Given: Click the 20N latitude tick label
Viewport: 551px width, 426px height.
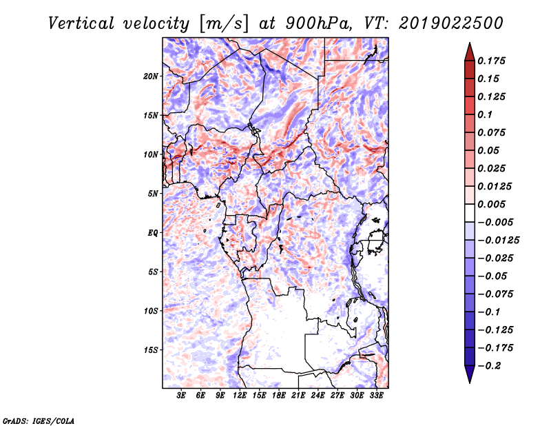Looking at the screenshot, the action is [151, 76].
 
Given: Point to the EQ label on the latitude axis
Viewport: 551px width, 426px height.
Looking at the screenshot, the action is [153, 232].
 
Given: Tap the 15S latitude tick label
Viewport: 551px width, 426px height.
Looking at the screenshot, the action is [151, 349].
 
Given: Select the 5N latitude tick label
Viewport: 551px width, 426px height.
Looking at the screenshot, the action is [153, 194].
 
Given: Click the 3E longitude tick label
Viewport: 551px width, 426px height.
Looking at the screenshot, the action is [181, 395].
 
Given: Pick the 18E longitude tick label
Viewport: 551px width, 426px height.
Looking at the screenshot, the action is [279, 395].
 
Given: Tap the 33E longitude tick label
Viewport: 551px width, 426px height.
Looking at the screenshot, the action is [376, 395].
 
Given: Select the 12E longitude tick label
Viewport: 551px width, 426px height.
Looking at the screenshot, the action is [240, 395].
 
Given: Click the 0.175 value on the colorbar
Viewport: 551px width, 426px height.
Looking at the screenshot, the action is [491, 61].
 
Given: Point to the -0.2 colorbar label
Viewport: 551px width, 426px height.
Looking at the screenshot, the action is [489, 366].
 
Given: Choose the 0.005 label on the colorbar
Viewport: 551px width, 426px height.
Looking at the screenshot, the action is [491, 204].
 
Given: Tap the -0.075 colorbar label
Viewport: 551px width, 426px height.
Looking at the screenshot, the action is [495, 294].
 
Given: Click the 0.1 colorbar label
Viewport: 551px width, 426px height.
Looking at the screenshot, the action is [485, 114].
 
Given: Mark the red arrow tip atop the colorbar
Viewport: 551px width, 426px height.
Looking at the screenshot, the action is [470, 43].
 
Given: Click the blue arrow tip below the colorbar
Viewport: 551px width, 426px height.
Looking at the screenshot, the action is [470, 383].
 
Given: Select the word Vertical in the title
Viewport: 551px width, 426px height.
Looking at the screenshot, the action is [81, 23].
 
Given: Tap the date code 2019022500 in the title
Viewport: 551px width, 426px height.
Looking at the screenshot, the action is [451, 23].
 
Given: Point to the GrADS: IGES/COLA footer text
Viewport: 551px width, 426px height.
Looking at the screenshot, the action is [39, 421].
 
